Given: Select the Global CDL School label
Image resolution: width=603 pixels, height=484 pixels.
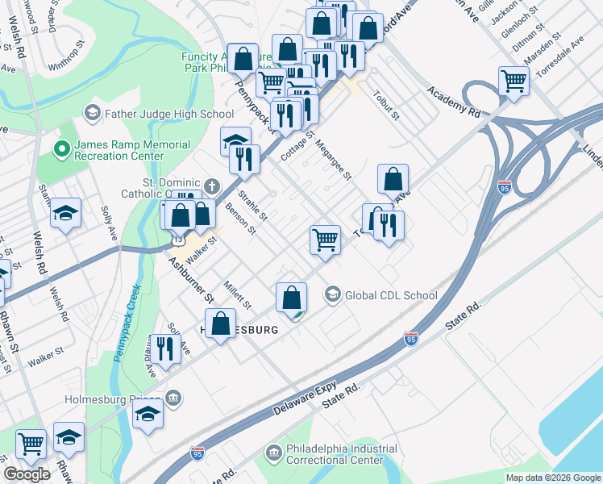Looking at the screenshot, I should (391, 295).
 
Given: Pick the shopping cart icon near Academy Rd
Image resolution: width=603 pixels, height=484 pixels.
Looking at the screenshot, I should (514, 81).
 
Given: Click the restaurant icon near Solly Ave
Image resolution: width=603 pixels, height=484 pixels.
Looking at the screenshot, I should (164, 348).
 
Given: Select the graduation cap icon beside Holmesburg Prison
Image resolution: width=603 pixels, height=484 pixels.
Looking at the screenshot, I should (148, 415).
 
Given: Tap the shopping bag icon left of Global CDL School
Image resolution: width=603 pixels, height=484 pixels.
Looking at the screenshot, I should (291, 298).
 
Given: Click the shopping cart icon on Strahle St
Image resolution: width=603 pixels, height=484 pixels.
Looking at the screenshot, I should (325, 239).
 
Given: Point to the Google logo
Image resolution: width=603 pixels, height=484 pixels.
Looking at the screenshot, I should (27, 474).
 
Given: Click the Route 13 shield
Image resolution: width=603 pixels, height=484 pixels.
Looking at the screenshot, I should (177, 240).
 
